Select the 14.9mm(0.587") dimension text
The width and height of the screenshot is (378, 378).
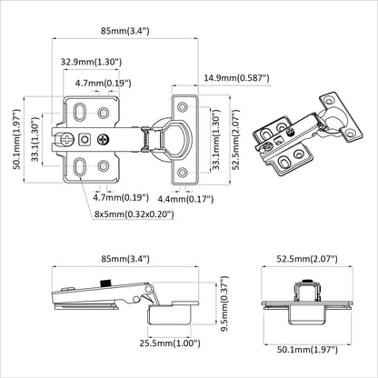237,78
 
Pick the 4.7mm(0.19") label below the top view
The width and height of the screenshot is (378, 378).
121,196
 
